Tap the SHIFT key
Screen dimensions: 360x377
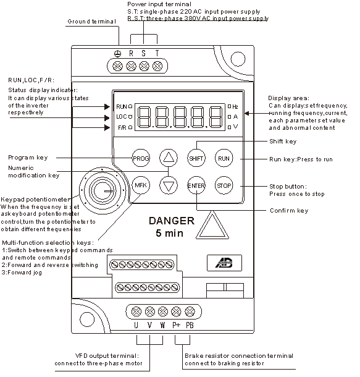tap(196, 158)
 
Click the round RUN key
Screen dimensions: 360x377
tap(224, 158)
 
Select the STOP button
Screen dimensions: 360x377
tap(224, 185)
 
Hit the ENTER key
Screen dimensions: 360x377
tap(196, 185)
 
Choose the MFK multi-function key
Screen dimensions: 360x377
tap(141, 185)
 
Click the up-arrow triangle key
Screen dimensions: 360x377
tap(169, 158)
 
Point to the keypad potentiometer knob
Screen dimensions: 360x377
tap(103, 190)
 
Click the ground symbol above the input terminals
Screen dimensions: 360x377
tap(117, 54)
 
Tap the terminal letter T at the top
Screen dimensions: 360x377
tap(157, 53)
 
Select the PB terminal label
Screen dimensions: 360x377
tap(190, 325)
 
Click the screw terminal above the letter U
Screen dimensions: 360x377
tap(136, 312)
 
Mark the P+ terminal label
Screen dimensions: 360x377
tap(176, 325)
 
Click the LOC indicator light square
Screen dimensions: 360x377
tap(130, 117)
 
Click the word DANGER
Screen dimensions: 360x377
tap(172, 221)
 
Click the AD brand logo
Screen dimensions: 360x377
tap(224, 263)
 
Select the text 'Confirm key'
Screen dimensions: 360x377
tap(289, 211)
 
